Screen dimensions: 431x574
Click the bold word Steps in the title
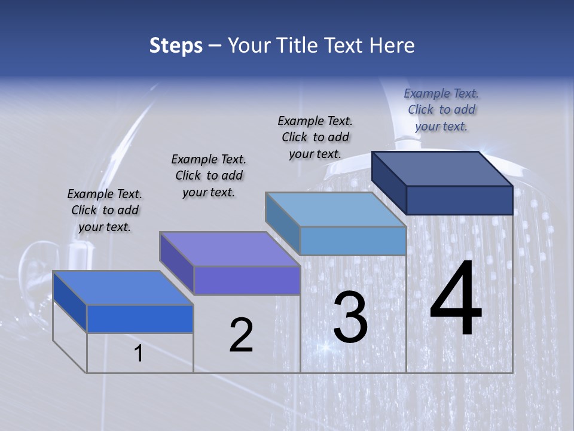tap(176, 45)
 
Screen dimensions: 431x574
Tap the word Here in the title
tap(392, 45)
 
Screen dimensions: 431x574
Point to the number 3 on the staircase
tap(350, 317)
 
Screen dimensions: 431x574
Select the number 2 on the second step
tap(241, 335)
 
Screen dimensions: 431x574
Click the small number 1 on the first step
tap(139, 354)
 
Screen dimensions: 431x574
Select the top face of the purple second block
tap(230, 249)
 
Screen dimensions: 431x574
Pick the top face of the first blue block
tap(123, 288)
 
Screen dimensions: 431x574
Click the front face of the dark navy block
tap(459, 200)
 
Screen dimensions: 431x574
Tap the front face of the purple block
tap(247, 280)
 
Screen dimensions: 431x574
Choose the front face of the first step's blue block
tap(140, 318)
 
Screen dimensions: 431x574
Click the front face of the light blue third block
tap(353, 241)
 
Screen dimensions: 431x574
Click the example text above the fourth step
tap(441, 110)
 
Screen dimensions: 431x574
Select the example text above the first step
tap(105, 210)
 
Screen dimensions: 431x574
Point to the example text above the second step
tap(209, 175)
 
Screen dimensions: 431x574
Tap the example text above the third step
tap(315, 137)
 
